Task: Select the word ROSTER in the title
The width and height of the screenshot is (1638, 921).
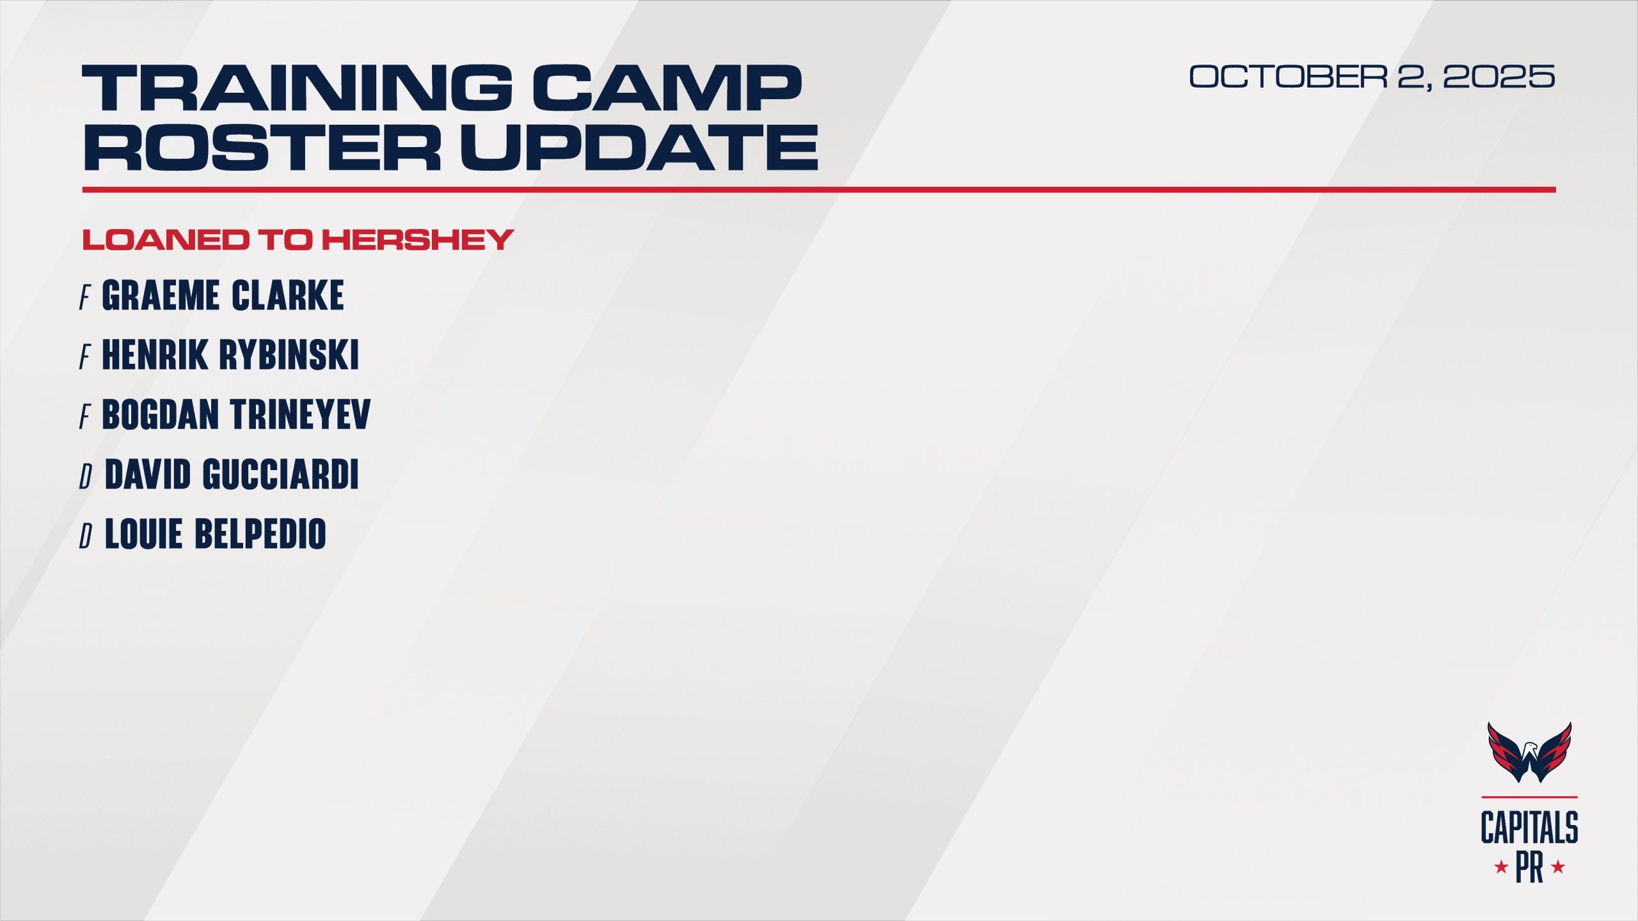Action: [262, 147]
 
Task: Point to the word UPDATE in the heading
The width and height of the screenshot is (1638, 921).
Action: [639, 147]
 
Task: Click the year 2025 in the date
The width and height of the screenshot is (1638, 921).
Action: [1499, 77]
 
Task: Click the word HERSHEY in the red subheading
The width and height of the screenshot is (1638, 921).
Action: [417, 240]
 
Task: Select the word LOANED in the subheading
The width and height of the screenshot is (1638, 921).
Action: [166, 240]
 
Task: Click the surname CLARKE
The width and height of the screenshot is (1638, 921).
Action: [288, 295]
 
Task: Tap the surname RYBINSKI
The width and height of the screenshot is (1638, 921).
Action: [289, 355]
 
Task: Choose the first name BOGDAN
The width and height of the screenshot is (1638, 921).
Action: [161, 414]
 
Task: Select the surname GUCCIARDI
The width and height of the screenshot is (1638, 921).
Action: [281, 474]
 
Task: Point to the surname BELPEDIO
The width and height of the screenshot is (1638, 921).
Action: [260, 534]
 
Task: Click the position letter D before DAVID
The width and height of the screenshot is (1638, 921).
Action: [86, 476]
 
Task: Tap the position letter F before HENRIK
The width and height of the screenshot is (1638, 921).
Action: [85, 357]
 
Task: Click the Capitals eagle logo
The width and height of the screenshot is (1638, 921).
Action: [1529, 752]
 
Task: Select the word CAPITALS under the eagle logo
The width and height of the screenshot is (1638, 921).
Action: [1529, 828]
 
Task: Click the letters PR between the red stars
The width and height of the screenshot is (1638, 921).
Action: [1529, 868]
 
